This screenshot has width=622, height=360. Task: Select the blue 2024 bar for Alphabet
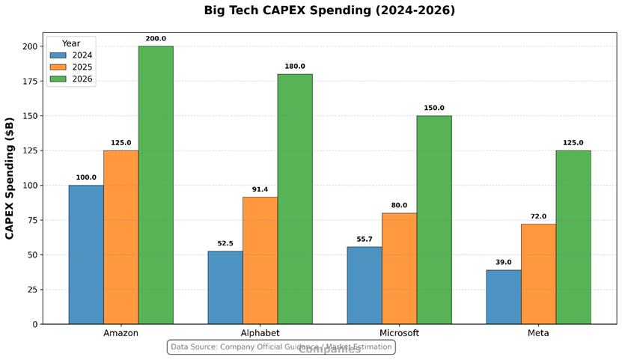[x=225, y=287]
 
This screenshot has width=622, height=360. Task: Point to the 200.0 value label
[x=156, y=38]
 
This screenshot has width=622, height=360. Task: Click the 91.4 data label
[x=260, y=189]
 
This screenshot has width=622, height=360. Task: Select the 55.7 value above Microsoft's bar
[x=365, y=238]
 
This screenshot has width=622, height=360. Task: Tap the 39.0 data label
[x=504, y=262]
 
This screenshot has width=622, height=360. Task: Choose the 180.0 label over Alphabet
[x=295, y=66]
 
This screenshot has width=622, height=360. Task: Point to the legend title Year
[x=71, y=43]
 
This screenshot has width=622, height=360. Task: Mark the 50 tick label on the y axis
[x=31, y=254]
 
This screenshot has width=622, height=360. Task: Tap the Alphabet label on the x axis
[x=260, y=333]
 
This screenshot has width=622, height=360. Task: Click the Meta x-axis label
[x=538, y=333]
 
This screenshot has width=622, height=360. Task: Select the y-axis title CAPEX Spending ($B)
[x=10, y=178]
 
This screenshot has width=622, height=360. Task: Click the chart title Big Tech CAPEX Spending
[x=329, y=10]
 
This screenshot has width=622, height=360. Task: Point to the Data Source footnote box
[x=281, y=347]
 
